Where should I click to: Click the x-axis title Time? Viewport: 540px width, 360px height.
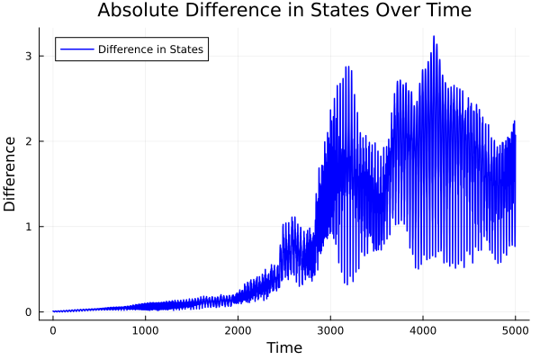point(283,347)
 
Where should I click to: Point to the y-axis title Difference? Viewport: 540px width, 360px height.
point(11,174)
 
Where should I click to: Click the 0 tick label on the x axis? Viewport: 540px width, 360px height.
point(53,330)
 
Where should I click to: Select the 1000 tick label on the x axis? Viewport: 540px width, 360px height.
point(146,330)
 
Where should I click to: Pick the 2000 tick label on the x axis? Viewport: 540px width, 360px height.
point(238,330)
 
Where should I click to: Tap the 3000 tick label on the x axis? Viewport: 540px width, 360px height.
point(330,330)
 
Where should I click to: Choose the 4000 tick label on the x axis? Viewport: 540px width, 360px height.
point(423,330)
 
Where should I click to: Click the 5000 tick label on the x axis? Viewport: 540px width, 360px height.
point(516,330)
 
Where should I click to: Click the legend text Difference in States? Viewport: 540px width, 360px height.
point(150,49)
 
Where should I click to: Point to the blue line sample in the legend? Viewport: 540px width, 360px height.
point(76,49)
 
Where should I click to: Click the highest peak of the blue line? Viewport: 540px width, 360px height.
point(434,37)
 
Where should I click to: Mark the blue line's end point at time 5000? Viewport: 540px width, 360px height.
point(516,135)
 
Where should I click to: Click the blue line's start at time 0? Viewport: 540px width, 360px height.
point(53,311)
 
